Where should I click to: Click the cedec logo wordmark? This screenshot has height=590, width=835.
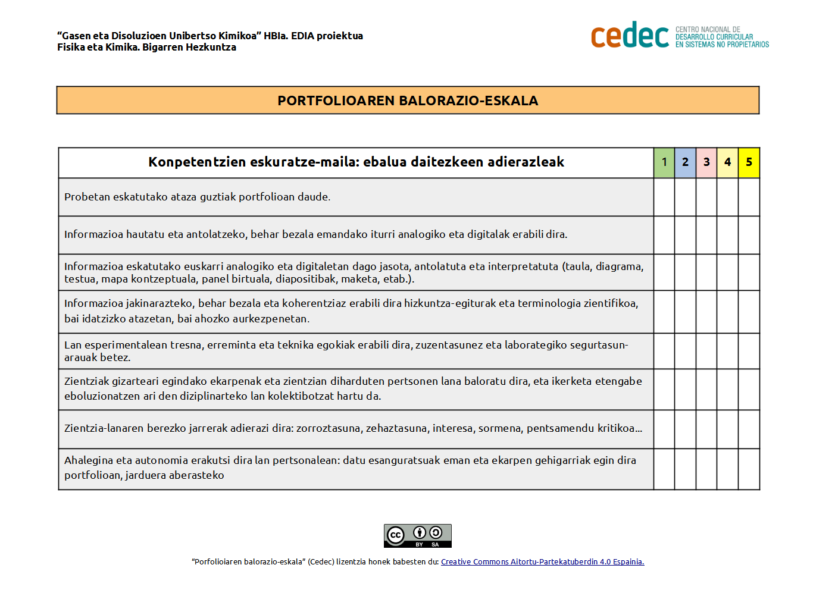(x=630, y=36)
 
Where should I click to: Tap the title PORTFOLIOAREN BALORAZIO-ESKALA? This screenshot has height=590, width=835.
(x=408, y=101)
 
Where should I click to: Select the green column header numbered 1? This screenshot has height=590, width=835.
(x=664, y=162)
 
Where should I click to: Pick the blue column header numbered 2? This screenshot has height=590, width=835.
(x=685, y=162)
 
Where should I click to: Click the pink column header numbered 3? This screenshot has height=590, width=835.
(x=706, y=162)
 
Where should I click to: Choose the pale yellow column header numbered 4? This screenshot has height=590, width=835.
(x=727, y=162)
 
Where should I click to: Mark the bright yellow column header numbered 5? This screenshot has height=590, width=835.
(x=749, y=162)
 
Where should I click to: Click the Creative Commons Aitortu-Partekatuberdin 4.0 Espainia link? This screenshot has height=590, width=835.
(x=542, y=562)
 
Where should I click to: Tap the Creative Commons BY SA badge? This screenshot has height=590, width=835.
(x=417, y=536)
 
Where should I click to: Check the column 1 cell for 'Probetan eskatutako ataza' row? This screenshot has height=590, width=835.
(x=664, y=197)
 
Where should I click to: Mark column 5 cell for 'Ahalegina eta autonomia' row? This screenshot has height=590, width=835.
(x=749, y=469)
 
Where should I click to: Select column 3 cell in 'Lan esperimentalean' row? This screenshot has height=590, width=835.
(x=706, y=351)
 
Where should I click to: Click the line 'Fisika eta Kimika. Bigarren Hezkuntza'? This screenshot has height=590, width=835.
(x=146, y=48)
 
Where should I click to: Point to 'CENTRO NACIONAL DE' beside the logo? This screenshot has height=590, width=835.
(x=708, y=29)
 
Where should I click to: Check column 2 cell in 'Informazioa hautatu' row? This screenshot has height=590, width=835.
(x=685, y=235)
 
